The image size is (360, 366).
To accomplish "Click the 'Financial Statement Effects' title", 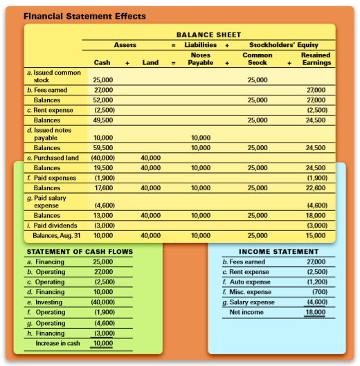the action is [84, 15].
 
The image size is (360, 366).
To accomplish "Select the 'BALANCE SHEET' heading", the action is [208, 35].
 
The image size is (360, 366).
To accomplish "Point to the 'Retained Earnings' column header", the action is [316, 59].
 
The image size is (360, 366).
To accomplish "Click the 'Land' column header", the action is [150, 63].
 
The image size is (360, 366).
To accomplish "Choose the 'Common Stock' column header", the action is [258, 59].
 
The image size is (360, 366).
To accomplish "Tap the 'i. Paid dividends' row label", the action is [52, 226].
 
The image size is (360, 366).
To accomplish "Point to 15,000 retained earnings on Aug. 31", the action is [316, 235].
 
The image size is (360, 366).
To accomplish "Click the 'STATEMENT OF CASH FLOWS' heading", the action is [69, 252].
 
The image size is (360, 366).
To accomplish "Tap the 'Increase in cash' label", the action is [57, 343].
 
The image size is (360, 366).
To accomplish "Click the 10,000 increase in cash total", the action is [102, 343].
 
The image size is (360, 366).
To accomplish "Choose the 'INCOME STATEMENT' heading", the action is [278, 252].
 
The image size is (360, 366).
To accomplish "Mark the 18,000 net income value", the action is [315, 313].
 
